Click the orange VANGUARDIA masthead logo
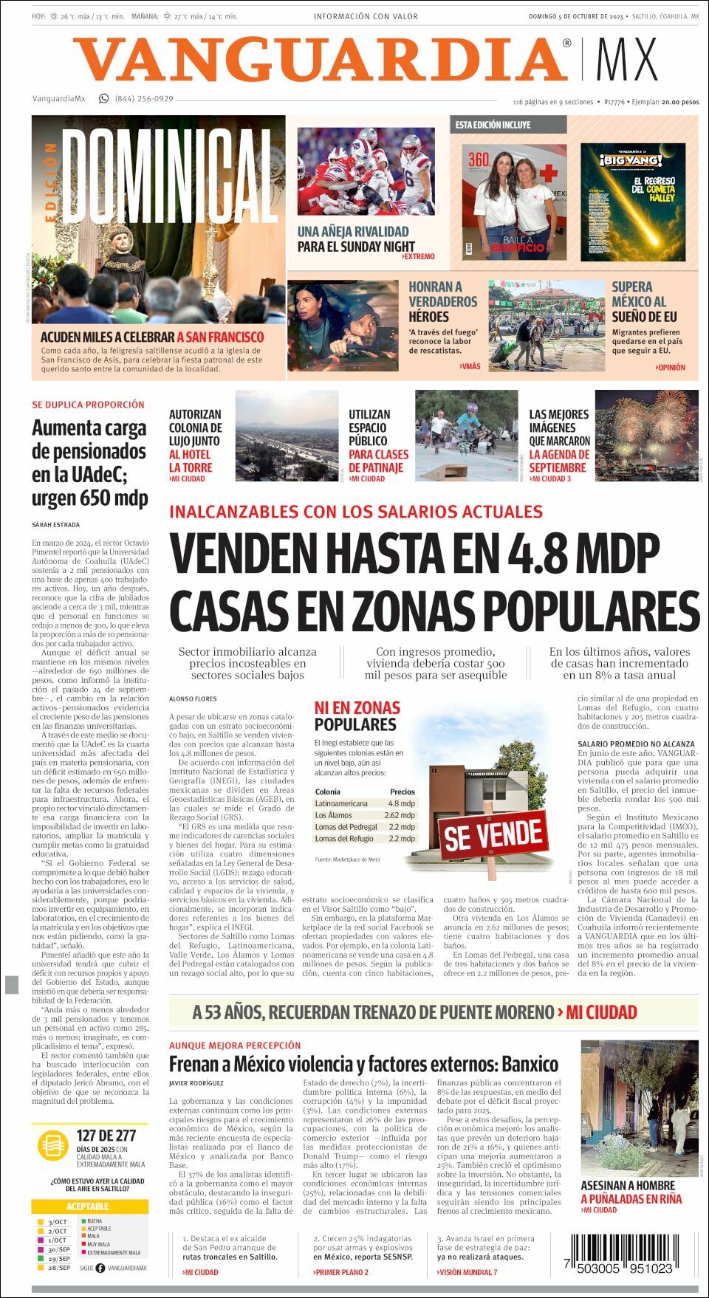[321, 60]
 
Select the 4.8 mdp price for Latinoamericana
[401, 803]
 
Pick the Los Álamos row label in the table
[333, 815]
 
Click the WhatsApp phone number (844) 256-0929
[144, 99]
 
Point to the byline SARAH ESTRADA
[55, 524]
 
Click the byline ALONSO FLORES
[193, 698]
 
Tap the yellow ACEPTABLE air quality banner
[88, 1206]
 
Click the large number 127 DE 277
[106, 1136]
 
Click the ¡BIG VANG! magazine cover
[633, 202]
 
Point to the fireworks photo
[646, 436]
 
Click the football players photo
[366, 172]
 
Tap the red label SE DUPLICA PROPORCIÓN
[88, 405]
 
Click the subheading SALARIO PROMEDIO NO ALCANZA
[636, 744]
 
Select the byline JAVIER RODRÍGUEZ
[196, 1083]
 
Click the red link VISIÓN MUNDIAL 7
[467, 1272]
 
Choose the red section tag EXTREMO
[418, 257]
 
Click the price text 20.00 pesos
[680, 102]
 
